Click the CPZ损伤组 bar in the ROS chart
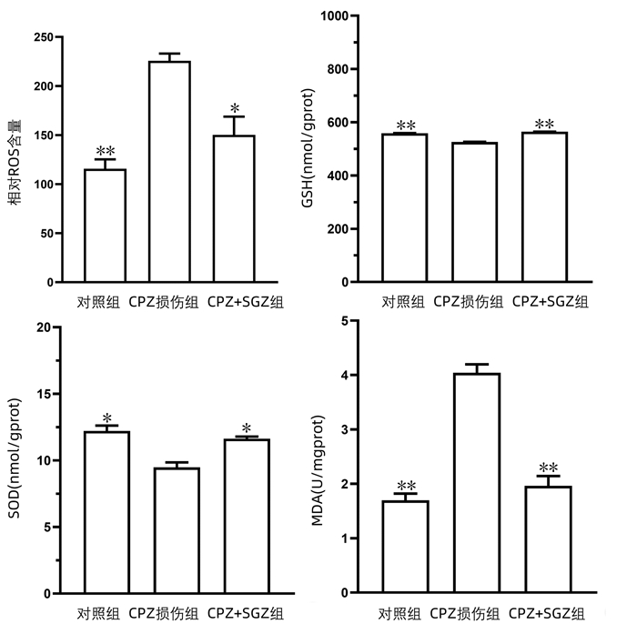169,171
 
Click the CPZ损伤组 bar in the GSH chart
477,212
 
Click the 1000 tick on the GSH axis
339,16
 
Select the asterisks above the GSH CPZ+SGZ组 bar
544,125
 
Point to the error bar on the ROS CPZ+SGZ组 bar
234,126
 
